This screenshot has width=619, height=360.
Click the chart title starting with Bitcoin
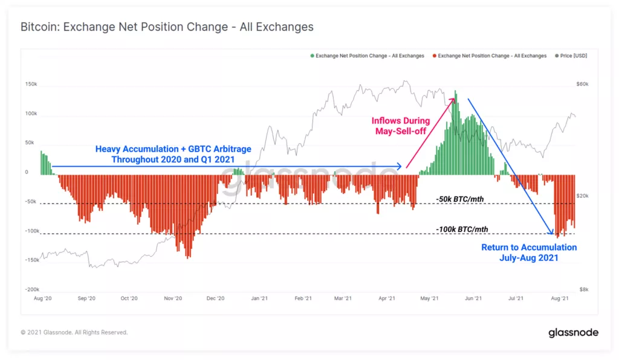tap(167, 27)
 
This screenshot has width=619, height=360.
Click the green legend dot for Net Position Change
tap(313, 56)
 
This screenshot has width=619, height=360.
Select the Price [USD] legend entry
tap(571, 56)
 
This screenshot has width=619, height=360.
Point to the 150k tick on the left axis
tap(31, 85)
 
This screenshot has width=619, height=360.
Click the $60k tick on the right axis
tap(582, 85)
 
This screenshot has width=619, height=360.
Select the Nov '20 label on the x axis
tap(173, 298)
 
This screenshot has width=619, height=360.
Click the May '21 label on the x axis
tap(429, 298)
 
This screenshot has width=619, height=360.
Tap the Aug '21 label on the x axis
tap(560, 298)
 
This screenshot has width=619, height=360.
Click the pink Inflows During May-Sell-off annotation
tap(401, 126)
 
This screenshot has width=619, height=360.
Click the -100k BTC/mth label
tap(462, 230)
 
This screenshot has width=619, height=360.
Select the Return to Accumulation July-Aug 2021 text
tap(529, 252)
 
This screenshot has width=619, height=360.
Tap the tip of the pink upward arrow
tap(455, 98)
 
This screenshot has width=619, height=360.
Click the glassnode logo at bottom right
tap(573, 332)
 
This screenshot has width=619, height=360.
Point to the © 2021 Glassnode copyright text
tap(74, 332)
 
